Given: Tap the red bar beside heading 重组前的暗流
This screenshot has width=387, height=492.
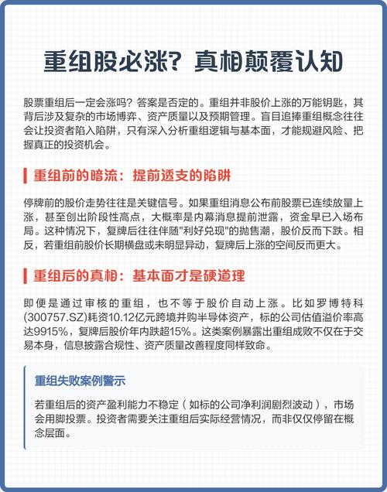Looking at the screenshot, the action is point(26,174).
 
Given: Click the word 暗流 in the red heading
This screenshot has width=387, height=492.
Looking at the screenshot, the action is point(106,174).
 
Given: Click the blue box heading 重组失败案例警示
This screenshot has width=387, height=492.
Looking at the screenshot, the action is point(80,381).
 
